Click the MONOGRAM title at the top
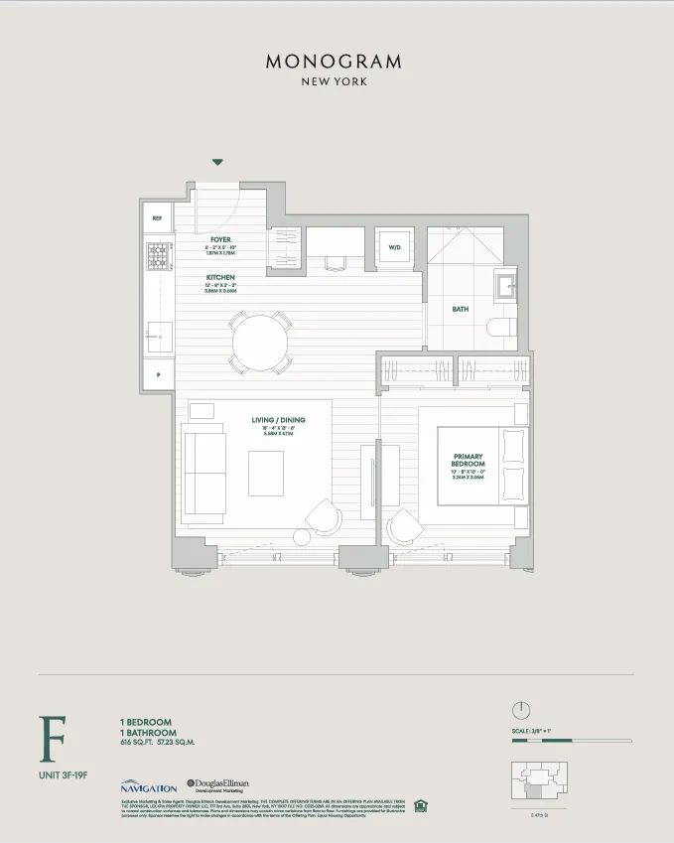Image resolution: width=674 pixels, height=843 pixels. [334, 62]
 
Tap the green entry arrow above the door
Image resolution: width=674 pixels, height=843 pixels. [217, 162]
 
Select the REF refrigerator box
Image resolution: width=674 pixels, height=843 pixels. [157, 217]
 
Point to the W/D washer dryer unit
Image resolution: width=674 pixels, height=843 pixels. [394, 247]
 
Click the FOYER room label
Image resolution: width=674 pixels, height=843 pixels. [220, 239]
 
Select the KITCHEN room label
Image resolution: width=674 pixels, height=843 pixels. [220, 278]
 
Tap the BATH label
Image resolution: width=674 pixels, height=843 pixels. [461, 309]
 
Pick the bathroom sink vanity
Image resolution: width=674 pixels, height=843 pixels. [504, 286]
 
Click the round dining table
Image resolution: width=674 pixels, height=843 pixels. [261, 344]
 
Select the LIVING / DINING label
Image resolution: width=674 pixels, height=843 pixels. [278, 420]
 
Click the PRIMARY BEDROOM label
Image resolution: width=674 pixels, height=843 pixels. [468, 460]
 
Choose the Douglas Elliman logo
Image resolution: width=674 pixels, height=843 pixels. [223, 784]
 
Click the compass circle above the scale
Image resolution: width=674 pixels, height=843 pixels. [522, 710]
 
